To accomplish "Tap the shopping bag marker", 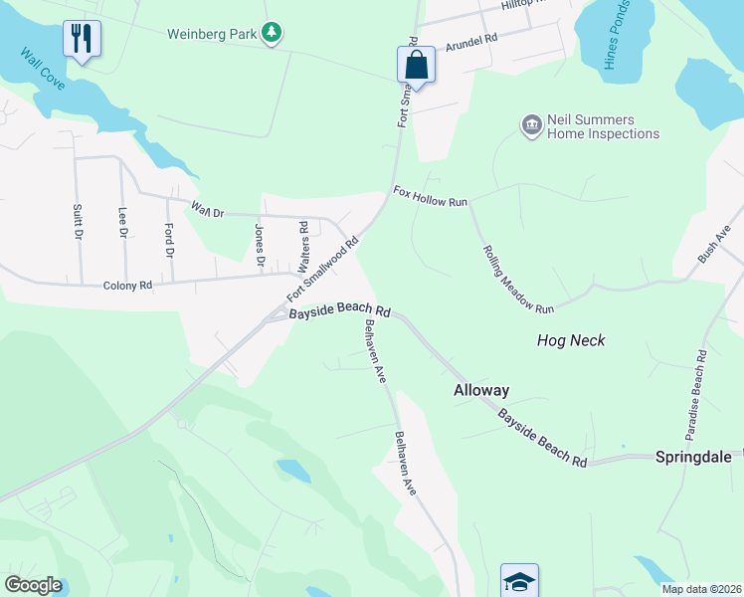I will pos(417,66).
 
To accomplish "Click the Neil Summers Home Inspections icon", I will pos(531,124).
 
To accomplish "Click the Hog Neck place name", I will pos(571,340).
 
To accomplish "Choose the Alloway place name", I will pos(481,390).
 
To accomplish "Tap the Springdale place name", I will pos(693,457).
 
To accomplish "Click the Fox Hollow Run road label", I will pos(430,195).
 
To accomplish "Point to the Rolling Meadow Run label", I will pos(517,280).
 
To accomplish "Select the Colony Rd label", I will pos(127,286).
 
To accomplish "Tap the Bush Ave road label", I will pos(713,243).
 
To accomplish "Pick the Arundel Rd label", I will pos(470,41).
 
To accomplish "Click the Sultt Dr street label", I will pos(77,221).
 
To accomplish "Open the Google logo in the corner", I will pos(33,585).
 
